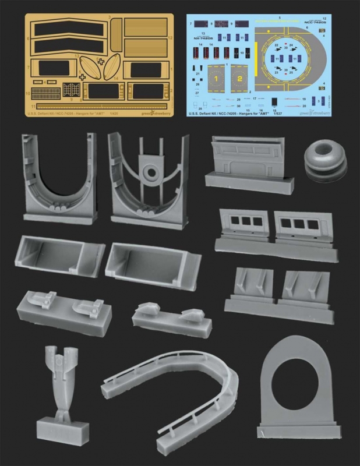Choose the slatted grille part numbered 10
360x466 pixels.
click(x=45, y=91)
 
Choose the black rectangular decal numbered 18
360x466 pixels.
click(x=273, y=101)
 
